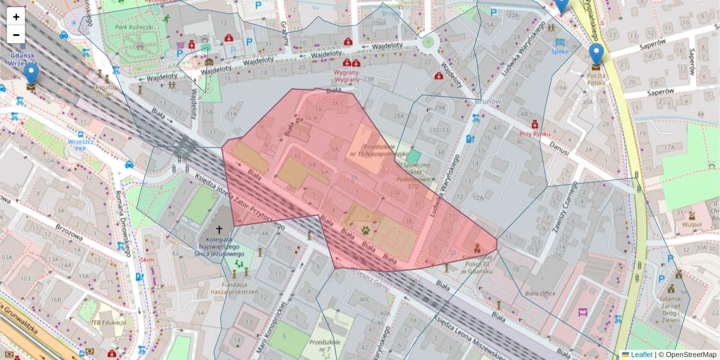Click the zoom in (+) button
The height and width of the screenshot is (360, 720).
16,17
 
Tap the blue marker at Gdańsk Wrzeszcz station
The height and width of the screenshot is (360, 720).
31,73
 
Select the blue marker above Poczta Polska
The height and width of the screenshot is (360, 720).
596,54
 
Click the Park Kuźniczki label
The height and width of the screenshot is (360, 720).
135,27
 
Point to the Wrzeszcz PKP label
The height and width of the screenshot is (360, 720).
76,145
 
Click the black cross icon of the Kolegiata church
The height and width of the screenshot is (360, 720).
219,229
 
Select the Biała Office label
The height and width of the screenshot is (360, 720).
539,294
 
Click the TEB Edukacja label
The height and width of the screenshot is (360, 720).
108,323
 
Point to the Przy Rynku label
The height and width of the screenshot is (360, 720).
535,134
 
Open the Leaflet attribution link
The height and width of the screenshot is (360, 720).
641,355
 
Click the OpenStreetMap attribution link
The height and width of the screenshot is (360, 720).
690,355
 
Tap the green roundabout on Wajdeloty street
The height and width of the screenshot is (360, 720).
428,42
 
